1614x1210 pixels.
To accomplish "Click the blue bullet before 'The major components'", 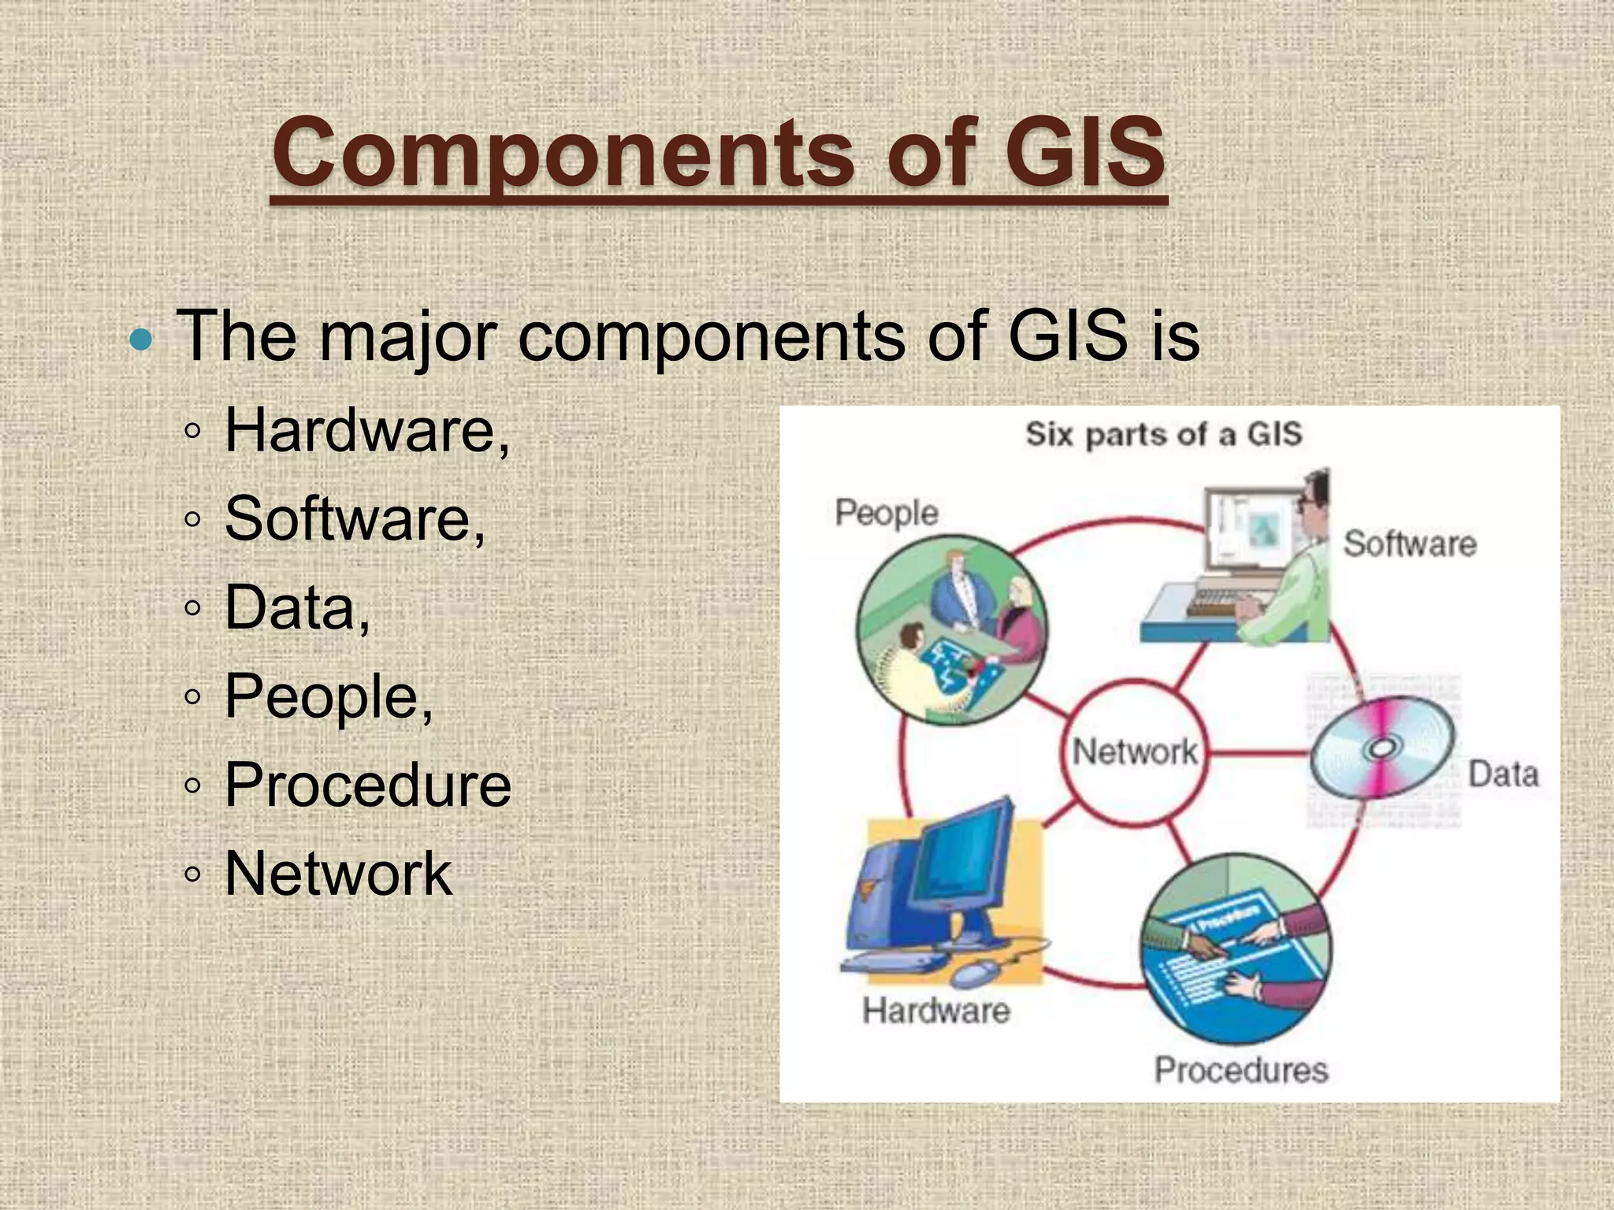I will pyautogui.click(x=141, y=340).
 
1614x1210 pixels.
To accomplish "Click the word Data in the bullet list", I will pyautogui.click(x=296, y=608).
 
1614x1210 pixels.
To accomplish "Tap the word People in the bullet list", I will pyautogui.click(x=328, y=696).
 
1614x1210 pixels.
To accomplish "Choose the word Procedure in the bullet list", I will pyautogui.click(x=367, y=785).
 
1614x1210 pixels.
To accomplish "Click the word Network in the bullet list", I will pyautogui.click(x=338, y=874).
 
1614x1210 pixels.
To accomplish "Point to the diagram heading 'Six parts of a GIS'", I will pyautogui.click(x=1163, y=434).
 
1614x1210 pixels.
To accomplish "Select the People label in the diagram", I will pyautogui.click(x=887, y=513).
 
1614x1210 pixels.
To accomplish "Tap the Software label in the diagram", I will pyautogui.click(x=1409, y=544).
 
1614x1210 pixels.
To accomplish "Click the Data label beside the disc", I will pyautogui.click(x=1502, y=774).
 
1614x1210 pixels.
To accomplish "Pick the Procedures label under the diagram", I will pyautogui.click(x=1241, y=1070).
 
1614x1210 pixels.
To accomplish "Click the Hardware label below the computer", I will pyautogui.click(x=935, y=1011).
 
